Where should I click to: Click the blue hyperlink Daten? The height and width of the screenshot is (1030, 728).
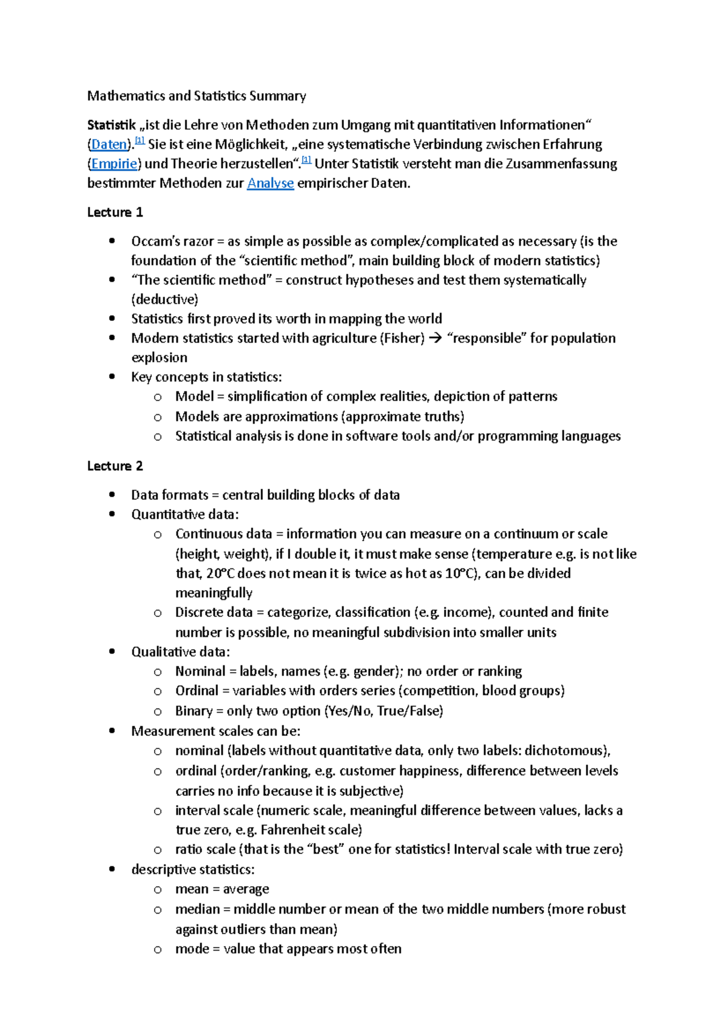(109, 144)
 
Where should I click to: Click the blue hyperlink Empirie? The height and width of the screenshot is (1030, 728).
(114, 164)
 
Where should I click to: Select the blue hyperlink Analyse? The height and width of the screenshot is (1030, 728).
(271, 183)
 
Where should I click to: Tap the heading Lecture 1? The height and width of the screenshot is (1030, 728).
(115, 212)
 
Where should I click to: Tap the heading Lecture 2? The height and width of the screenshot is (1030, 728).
(115, 466)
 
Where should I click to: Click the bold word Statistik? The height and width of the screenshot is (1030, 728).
(112, 125)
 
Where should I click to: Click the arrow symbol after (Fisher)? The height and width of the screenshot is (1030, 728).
(435, 338)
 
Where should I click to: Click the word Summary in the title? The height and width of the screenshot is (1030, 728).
(282, 96)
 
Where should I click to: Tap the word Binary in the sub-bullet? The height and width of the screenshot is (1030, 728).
(194, 711)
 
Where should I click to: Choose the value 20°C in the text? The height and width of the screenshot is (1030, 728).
(221, 573)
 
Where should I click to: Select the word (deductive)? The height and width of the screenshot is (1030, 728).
(165, 299)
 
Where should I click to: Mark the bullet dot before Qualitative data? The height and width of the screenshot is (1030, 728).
(112, 651)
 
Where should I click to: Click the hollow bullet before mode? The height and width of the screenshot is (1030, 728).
(158, 949)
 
